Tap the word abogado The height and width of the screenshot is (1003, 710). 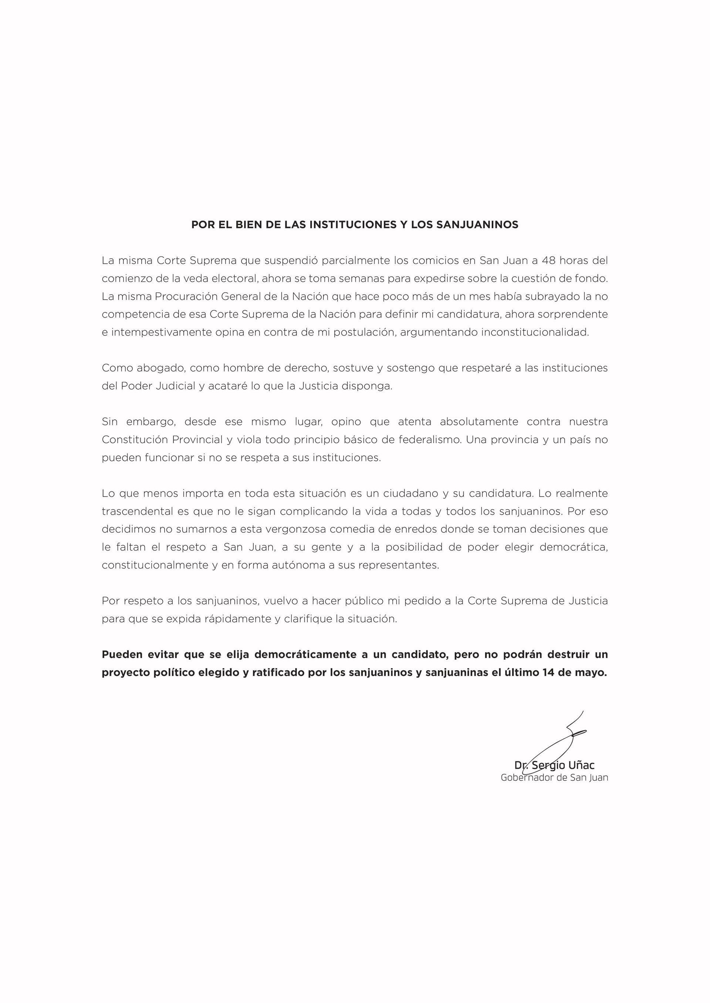[x=160, y=368]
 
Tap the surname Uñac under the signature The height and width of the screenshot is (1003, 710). [x=581, y=765]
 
